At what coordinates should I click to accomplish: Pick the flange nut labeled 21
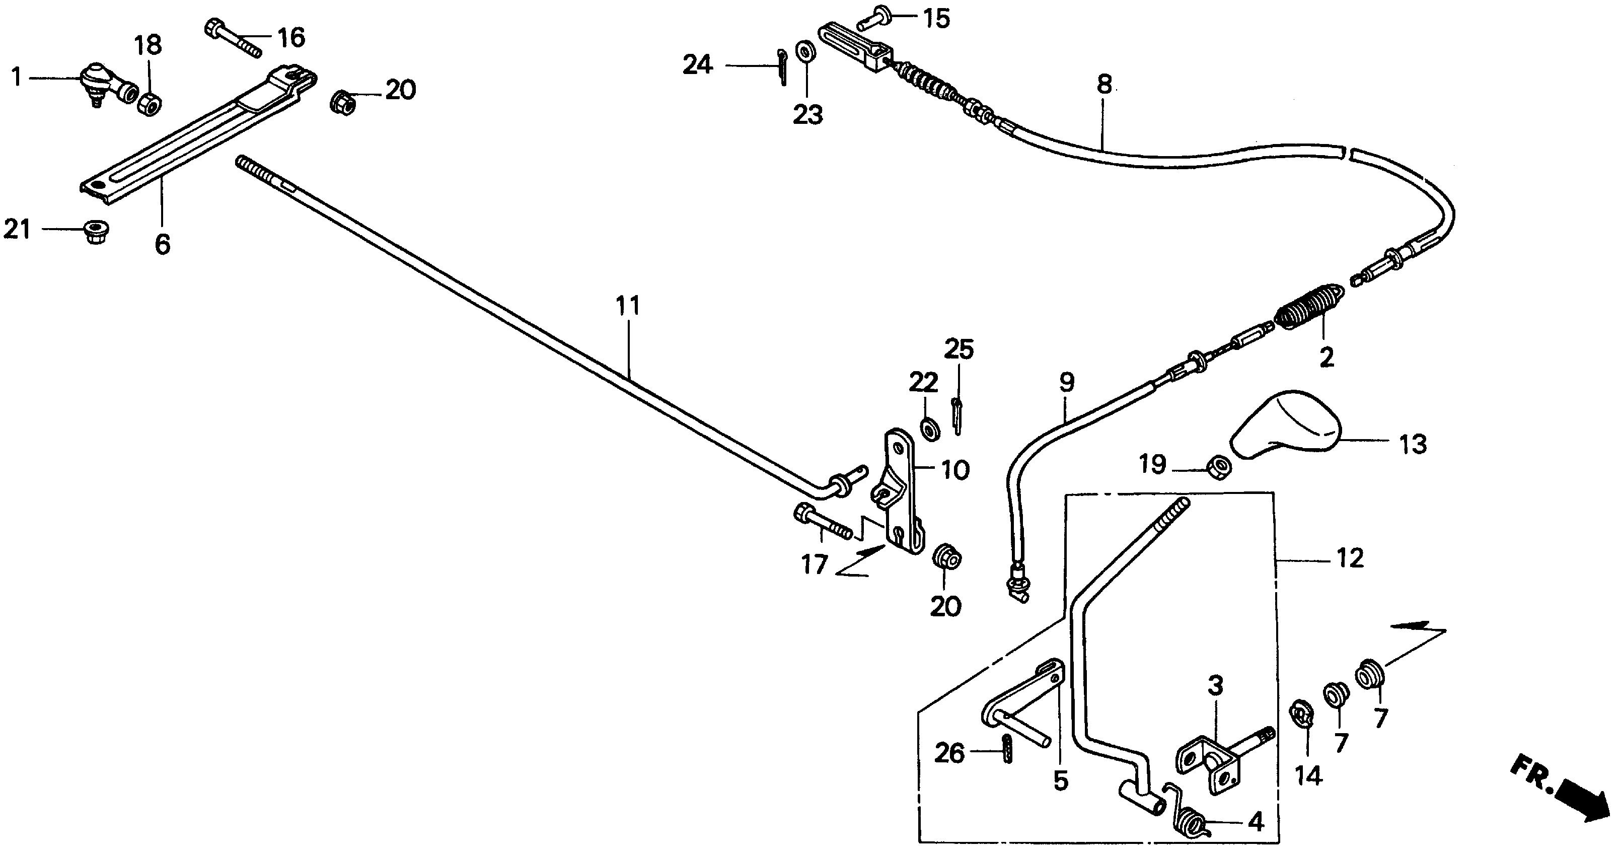95,231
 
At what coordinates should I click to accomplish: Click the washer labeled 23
805,51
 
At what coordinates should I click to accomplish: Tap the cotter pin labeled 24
782,66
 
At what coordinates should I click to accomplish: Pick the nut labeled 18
149,104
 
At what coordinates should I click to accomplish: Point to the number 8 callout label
1104,84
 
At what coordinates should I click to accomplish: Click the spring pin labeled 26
1006,748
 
